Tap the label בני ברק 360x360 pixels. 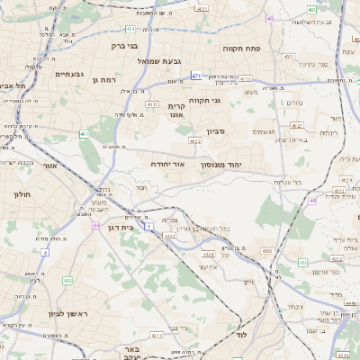tap(123, 45)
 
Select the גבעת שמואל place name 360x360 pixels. tap(159, 60)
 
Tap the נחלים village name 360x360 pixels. tap(294, 103)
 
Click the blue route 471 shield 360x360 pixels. tap(195, 76)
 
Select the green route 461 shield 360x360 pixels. tap(83, 134)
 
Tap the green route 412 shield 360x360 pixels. tap(67, 281)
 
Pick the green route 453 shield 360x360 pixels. tap(302, 263)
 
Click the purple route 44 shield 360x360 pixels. tap(95, 226)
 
